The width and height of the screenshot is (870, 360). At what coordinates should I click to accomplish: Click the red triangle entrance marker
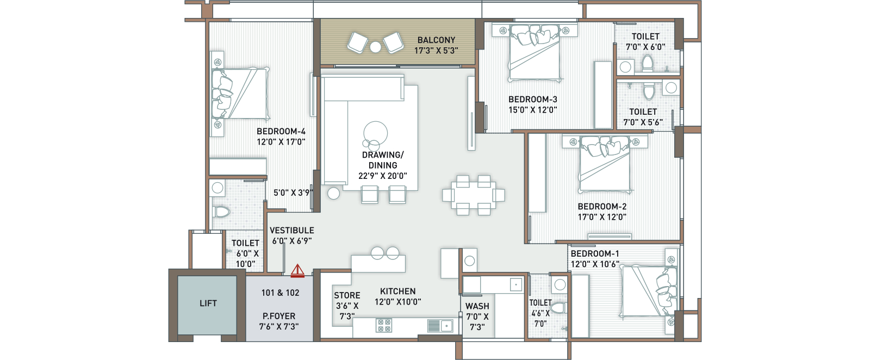click(297, 271)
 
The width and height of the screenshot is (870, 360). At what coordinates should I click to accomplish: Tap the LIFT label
click(208, 303)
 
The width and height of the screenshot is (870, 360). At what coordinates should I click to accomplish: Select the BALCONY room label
click(436, 40)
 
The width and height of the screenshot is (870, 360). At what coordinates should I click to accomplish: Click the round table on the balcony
click(375, 47)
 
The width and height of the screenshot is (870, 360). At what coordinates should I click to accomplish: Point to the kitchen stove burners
click(384, 325)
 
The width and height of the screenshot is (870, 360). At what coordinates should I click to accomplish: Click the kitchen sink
click(440, 325)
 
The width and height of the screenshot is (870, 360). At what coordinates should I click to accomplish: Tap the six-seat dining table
click(474, 195)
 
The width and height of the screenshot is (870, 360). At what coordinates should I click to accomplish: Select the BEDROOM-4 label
click(281, 131)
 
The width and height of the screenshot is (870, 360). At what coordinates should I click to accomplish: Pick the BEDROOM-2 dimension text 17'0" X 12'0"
click(602, 217)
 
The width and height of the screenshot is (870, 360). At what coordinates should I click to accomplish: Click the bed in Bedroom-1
click(649, 291)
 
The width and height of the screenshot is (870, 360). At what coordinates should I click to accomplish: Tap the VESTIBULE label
click(292, 230)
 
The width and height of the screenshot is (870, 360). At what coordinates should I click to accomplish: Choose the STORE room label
click(347, 295)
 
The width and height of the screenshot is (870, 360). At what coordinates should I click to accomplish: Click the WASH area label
click(477, 306)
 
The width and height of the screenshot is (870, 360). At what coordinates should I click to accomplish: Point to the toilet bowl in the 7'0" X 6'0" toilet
click(648, 63)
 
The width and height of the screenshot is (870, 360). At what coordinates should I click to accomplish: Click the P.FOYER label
click(279, 316)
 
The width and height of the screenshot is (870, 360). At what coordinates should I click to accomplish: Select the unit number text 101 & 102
click(281, 293)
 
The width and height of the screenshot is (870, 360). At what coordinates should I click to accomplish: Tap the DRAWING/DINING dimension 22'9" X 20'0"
click(383, 176)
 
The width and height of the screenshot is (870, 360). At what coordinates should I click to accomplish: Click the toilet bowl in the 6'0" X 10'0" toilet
click(222, 212)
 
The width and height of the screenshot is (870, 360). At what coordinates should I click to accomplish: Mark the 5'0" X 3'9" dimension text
click(293, 193)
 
